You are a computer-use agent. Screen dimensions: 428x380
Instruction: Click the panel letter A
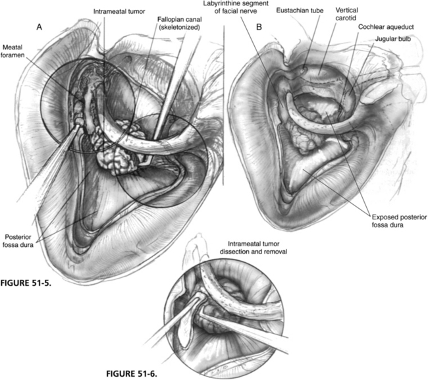40,27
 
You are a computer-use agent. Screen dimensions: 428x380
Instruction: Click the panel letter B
259,27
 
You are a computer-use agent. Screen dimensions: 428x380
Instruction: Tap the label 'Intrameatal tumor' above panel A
119,11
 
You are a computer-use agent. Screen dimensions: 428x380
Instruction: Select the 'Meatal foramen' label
13,51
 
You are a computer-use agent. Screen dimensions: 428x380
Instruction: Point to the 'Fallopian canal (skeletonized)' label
179,24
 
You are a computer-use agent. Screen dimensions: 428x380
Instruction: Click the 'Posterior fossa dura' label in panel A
18,241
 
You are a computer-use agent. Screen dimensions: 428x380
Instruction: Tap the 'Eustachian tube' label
300,11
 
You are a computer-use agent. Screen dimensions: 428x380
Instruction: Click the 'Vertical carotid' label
346,14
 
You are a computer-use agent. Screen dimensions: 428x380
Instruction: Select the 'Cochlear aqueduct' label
386,27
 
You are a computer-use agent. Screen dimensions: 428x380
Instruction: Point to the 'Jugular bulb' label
393,39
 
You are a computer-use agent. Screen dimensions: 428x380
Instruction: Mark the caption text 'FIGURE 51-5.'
26,283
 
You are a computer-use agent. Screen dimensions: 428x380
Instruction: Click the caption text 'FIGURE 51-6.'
132,373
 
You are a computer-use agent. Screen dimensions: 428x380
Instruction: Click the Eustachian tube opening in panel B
302,70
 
